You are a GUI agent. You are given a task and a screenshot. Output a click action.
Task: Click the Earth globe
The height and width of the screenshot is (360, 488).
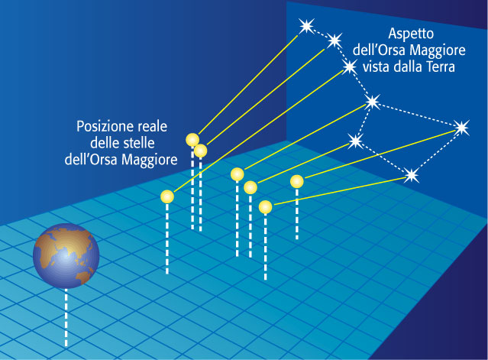66,256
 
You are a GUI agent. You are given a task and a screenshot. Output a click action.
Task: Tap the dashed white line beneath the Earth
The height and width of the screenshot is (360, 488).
66,317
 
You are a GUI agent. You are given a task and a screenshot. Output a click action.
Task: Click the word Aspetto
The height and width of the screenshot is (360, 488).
411,34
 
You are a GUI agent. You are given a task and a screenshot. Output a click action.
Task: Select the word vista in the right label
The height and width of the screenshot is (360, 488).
376,66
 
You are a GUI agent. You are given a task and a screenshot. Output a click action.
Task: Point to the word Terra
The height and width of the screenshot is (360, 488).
441,66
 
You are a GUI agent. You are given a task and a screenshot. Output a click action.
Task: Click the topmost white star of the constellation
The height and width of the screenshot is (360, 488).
306,26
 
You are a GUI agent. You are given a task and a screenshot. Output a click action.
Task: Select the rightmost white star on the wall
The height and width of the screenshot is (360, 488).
461,128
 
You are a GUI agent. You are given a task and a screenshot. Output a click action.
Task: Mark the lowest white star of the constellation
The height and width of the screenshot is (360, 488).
412,175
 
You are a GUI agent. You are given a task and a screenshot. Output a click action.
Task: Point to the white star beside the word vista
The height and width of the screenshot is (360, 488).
349,66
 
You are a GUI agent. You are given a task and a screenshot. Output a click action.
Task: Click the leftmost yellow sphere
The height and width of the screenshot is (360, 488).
167,196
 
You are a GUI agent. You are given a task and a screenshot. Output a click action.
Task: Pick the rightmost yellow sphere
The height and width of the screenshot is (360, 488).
296,182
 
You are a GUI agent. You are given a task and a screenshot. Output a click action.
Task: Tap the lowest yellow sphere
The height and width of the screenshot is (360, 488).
265,207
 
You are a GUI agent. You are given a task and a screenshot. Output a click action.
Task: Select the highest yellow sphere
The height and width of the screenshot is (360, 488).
192,140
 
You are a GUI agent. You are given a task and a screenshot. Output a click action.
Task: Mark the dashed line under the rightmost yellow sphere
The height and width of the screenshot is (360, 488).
297,214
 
